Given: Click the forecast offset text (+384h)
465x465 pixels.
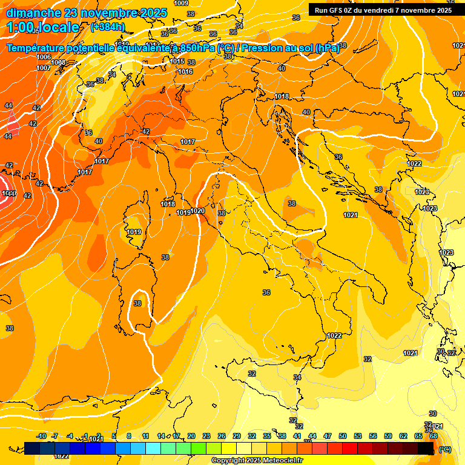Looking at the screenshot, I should pos(107,27).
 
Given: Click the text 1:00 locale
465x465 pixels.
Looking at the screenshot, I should pos(44,27).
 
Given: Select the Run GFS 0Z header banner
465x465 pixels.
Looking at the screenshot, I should pos(383,10).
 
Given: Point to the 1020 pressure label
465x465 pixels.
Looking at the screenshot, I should pos(197,211).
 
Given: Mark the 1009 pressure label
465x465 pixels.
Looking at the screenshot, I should pos(180,3).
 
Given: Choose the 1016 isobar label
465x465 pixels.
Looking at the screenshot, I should pos(185,71).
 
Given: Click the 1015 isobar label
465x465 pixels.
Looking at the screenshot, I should pos(177,61).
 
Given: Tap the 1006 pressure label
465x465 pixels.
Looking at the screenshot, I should pos(44,57).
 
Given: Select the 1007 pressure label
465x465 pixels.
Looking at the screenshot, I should pos(44,68).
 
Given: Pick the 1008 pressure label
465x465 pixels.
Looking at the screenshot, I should pos(58,62).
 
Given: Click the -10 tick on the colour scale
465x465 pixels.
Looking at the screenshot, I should pos(41,436).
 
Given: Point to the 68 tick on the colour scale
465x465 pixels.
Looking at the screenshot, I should pos(434,436).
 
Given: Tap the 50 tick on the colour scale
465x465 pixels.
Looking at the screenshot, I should pos(343,436).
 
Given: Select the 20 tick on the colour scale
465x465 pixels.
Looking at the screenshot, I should pos(191,436).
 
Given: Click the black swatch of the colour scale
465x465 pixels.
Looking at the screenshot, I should pos(426,448).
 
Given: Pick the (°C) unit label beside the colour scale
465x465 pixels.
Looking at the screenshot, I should pos(445,449).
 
